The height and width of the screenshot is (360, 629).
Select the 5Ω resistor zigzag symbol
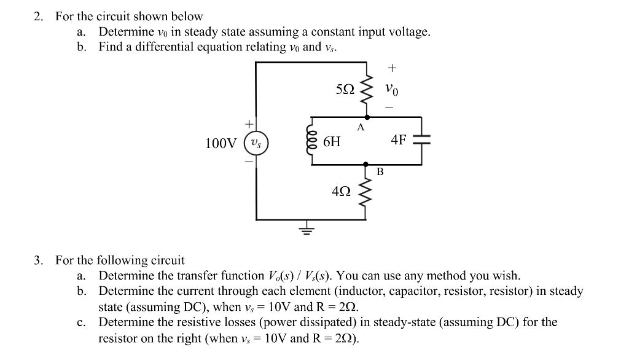367,90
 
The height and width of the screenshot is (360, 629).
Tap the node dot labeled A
367,117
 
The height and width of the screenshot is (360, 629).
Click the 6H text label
331,142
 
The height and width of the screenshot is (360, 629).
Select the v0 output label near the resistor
392,90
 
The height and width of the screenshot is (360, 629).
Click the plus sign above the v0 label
392,68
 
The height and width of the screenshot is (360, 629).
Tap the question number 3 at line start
38,260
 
